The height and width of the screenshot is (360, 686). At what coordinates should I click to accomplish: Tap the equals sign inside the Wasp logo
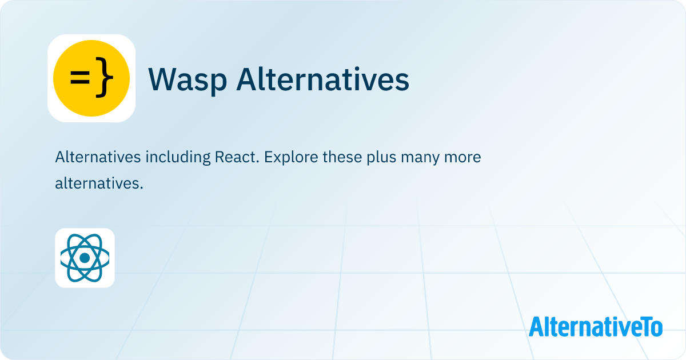79,79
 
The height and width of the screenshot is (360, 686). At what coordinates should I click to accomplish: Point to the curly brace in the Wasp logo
103,79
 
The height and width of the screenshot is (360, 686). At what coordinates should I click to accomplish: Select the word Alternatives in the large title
323,79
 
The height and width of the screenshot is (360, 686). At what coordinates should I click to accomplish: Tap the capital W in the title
162,79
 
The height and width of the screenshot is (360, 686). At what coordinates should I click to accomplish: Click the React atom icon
85,258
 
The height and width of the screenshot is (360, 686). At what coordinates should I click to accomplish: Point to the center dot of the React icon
85,258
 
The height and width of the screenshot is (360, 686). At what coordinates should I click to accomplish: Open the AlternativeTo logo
596,326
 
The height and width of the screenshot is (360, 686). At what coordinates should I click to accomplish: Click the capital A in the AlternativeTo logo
535,326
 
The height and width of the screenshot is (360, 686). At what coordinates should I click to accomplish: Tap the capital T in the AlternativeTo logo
644,326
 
